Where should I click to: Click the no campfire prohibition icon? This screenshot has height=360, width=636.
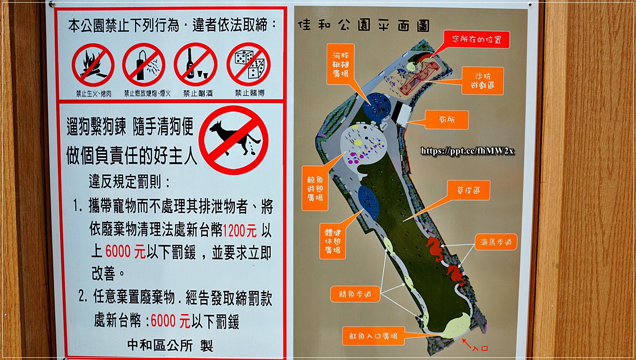coord(93,65)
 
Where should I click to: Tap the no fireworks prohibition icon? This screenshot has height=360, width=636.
coord(144,65)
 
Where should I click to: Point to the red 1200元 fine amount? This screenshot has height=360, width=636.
coord(239,231)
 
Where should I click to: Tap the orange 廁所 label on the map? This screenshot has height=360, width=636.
coord(447,120)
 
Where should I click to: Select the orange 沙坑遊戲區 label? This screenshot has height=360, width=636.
coord(482,81)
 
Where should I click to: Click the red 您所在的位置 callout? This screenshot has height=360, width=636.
coord(477,39)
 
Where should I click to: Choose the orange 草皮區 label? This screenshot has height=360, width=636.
coord(468,190)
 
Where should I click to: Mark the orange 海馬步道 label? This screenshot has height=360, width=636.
coord(496,242)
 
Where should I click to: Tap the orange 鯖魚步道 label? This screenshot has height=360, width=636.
coord(355,294)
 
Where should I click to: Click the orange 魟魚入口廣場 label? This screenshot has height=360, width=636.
coord(373,336)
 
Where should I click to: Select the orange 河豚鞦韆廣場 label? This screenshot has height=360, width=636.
coord(340,64)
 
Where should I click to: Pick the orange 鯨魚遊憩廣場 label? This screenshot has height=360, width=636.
coord(315,189)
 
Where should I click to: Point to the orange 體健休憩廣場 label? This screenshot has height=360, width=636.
coord(332,241)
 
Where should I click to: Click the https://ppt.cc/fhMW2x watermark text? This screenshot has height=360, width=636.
coord(467,151)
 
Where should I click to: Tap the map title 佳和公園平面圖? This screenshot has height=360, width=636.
coord(364,25)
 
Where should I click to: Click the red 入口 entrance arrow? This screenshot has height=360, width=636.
coord(467,343)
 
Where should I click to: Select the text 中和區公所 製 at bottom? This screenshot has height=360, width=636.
coord(170,346)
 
